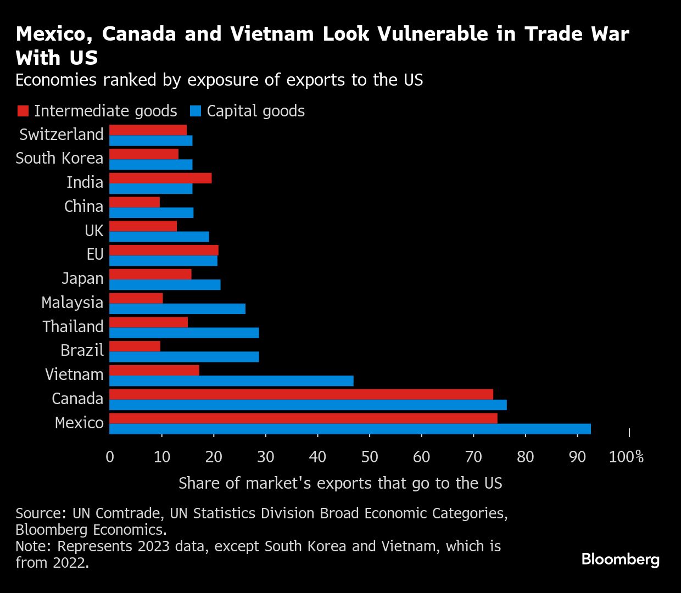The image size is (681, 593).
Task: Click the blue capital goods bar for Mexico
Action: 350,429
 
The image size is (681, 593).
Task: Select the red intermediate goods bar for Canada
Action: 301,394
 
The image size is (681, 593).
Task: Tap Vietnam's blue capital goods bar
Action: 231,381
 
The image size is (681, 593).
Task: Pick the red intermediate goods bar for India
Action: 160,178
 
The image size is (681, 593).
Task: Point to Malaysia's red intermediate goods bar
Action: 136,298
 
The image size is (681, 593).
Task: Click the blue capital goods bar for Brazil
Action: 184,357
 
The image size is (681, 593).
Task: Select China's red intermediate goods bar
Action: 135,202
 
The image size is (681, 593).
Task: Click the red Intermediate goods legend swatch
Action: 23,111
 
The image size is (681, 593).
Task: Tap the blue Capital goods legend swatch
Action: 195,111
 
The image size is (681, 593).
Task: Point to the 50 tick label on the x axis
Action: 370,457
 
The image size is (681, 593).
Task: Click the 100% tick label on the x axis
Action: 626,457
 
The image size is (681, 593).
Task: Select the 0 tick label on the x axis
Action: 110,457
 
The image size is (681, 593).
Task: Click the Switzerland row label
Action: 61,135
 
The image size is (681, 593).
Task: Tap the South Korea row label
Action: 59,158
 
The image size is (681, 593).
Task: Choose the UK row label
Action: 94,231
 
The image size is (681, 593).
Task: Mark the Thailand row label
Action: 73,327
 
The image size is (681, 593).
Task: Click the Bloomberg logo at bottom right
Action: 620,560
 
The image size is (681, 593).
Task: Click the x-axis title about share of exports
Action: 340,483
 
